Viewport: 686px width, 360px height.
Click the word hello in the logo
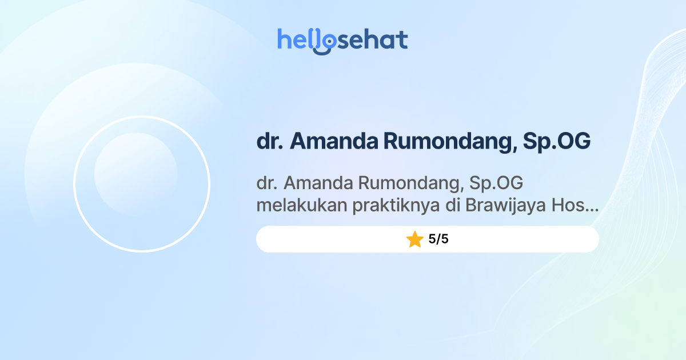point(300,40)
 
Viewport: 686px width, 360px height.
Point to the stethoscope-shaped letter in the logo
point(326,42)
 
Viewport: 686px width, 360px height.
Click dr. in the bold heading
point(270,141)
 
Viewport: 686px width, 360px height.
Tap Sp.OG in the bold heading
point(556,141)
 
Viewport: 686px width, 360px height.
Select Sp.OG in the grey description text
point(496,183)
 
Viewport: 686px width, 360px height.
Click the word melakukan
point(301,206)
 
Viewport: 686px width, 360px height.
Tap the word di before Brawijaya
point(453,206)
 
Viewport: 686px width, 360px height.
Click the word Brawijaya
point(505,206)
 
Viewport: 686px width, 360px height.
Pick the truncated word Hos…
point(575,206)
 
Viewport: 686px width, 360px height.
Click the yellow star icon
point(414,239)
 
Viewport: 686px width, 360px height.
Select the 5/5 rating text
point(438,239)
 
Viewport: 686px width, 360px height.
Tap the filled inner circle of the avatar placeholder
point(135,174)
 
